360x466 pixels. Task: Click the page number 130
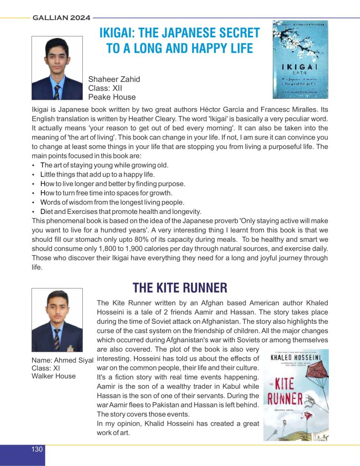click(37, 450)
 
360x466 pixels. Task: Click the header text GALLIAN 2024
click(61, 18)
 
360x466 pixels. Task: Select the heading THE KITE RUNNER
click(180, 288)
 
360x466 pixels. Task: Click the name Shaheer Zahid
click(114, 79)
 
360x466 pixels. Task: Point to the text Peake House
click(112, 97)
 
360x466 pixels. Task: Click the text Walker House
click(54, 375)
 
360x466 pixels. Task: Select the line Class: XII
click(105, 88)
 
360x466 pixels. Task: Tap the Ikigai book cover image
click(300, 59)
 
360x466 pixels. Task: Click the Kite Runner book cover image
click(296, 395)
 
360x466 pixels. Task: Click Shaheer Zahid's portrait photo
click(57, 68)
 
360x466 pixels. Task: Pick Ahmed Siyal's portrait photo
click(57, 320)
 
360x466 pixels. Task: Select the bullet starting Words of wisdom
click(112, 202)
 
